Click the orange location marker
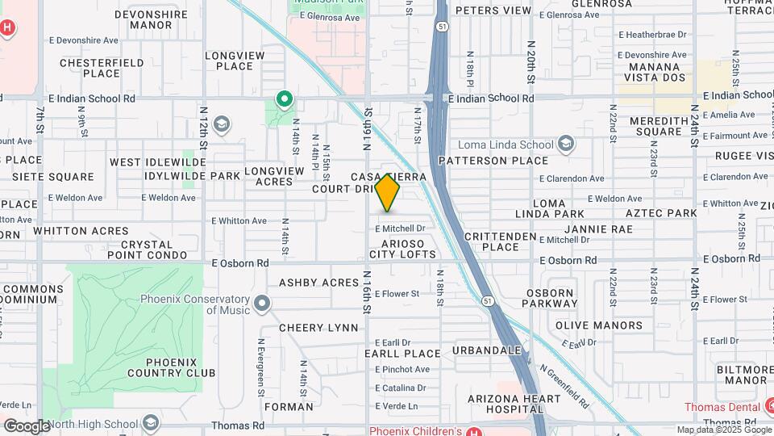[x=388, y=192]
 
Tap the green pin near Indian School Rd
[x=284, y=100]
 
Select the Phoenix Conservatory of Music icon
[x=262, y=304]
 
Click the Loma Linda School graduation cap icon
[x=567, y=145]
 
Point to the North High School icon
[x=150, y=424]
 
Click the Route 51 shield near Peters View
[x=442, y=27]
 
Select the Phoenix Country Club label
[x=171, y=367]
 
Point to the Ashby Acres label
[x=318, y=283]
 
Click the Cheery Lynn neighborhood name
[x=318, y=328]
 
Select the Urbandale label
[x=487, y=350]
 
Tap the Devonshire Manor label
[x=150, y=19]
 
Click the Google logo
[x=26, y=426]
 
